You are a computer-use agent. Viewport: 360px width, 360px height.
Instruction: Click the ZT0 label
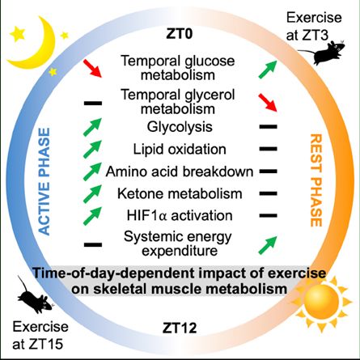tap(180, 34)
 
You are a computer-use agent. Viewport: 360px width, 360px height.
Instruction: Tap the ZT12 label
tap(180, 328)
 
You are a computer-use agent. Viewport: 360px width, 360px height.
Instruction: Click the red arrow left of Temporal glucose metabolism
tap(92, 68)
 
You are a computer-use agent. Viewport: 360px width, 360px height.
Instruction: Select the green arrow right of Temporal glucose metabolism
tap(268, 70)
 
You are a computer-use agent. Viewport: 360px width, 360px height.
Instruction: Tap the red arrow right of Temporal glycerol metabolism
tap(268, 103)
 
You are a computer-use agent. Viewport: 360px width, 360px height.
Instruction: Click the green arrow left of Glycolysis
tap(92, 127)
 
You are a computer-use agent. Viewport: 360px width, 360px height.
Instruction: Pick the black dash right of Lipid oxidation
tap(269, 149)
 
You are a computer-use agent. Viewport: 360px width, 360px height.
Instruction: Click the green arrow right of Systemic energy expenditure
tap(268, 245)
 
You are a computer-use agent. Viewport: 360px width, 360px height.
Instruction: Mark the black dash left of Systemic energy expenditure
tap(93, 245)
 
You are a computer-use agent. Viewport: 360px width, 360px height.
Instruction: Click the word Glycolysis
tap(180, 127)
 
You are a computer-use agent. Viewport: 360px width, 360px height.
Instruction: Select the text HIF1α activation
tap(180, 216)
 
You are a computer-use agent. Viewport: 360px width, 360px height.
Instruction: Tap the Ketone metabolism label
tap(180, 193)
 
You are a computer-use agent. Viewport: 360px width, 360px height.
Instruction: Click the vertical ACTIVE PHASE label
tap(44, 181)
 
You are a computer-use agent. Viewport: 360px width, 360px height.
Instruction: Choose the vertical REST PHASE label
tap(316, 180)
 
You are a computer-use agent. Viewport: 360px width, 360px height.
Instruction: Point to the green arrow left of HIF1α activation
tap(92, 216)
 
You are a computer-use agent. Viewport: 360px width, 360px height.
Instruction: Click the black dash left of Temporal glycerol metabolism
tap(93, 104)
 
